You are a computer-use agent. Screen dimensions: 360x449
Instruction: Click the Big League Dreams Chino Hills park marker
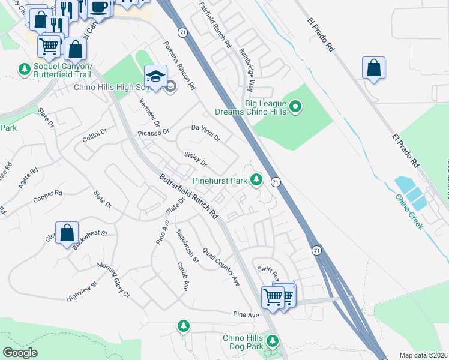(x=295, y=107)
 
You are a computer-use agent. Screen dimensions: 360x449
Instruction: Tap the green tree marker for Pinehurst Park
(x=256, y=179)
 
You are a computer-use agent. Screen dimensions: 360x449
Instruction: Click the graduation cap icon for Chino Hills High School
(x=155, y=77)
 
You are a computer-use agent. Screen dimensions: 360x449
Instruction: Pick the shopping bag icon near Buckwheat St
(x=67, y=232)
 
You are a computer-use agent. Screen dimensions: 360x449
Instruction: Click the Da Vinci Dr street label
(x=206, y=133)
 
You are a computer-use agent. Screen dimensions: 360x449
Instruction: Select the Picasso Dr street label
(x=154, y=132)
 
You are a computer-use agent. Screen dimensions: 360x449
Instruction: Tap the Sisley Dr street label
(x=196, y=160)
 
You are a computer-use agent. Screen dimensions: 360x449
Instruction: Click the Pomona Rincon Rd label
(x=180, y=66)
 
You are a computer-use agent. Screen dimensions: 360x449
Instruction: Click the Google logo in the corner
(x=20, y=353)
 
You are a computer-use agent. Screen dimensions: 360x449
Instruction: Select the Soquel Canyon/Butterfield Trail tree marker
(x=25, y=70)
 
